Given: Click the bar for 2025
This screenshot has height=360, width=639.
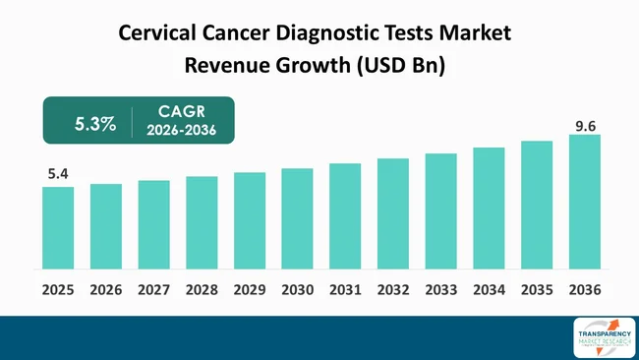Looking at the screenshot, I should click(58, 227).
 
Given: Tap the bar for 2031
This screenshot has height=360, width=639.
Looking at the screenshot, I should click(345, 215).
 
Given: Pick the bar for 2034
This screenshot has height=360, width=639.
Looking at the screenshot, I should click(489, 208).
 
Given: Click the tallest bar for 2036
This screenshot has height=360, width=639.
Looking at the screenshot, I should click(584, 202).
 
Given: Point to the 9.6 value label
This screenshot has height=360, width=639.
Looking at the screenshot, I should click(584, 124).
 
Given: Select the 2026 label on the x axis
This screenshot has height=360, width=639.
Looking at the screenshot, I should click(106, 290).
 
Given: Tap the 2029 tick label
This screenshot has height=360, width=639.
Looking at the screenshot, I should click(250, 290).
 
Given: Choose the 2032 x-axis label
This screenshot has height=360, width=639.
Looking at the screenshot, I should click(393, 290).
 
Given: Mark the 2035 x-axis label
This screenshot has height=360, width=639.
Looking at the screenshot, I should click(537, 290).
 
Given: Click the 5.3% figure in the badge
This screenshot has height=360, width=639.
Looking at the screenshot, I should click(95, 124).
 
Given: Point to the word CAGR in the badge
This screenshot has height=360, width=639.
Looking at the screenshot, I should click(181, 111).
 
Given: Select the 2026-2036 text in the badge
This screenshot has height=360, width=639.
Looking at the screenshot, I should click(181, 131).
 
